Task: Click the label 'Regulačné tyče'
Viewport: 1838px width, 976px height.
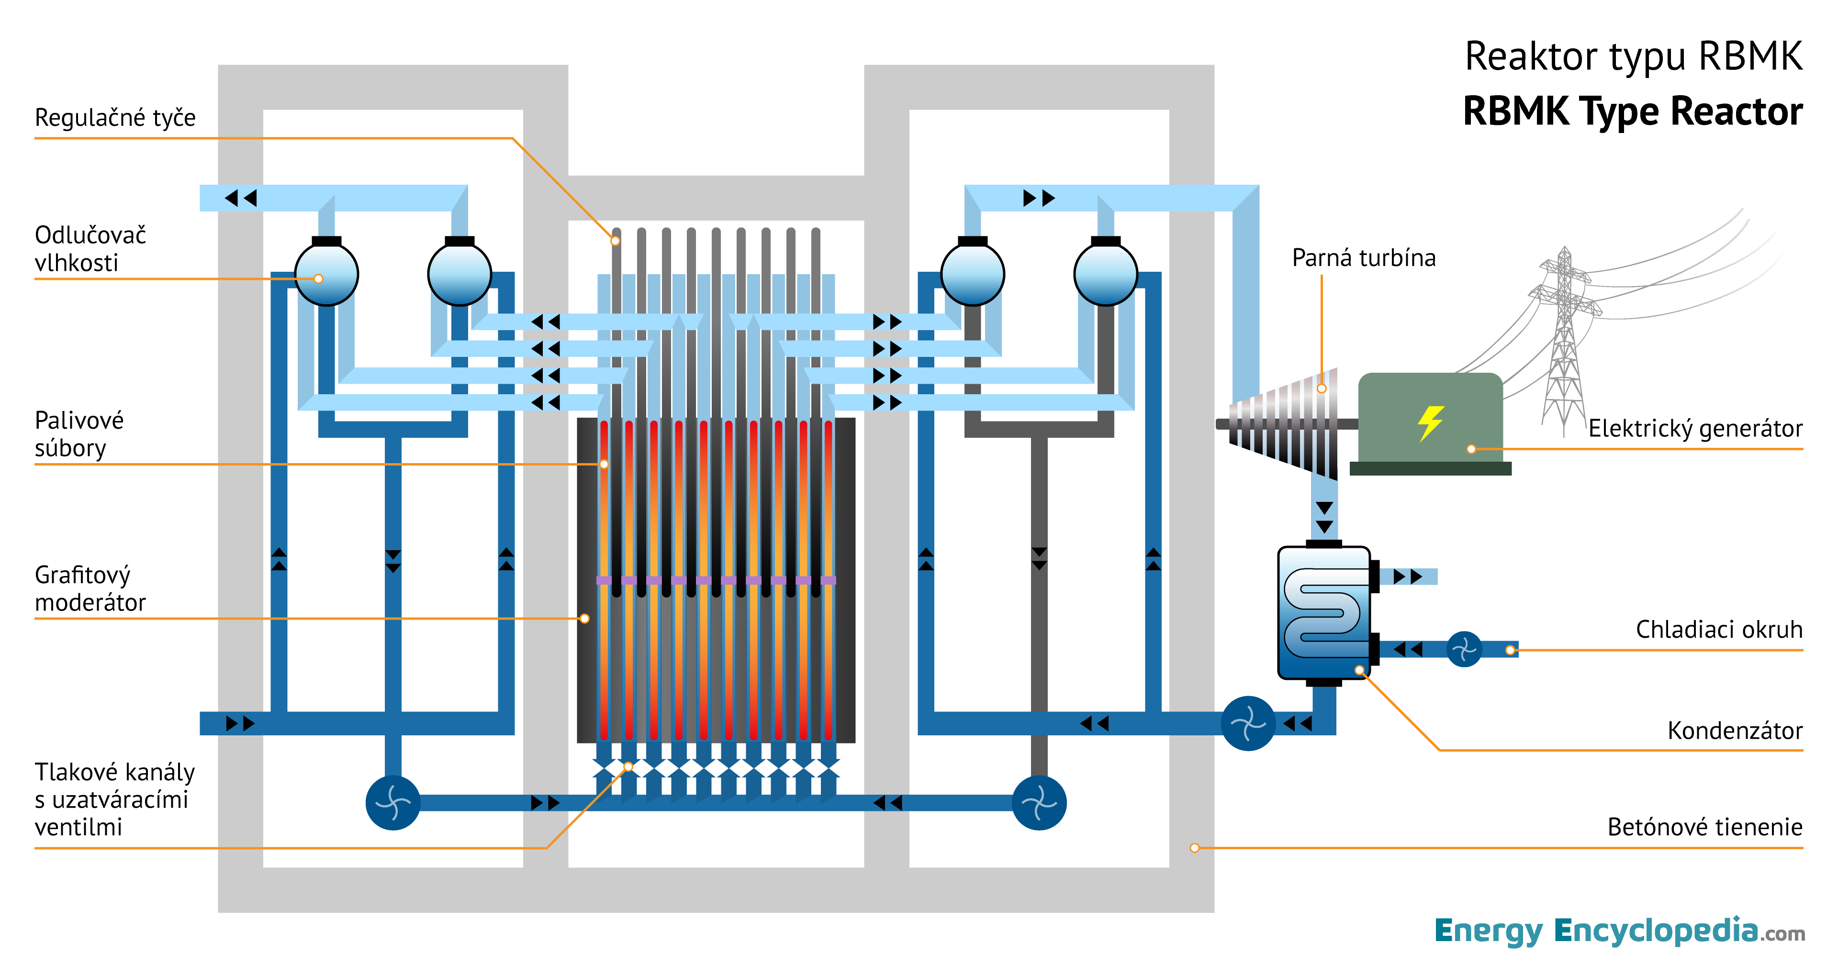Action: [115, 118]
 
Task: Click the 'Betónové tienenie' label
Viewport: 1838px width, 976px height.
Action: [1704, 827]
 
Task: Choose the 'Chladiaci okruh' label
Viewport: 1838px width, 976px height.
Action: [1718, 629]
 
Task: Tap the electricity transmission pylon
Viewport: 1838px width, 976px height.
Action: [1564, 343]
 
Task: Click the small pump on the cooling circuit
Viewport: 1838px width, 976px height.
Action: [1463, 649]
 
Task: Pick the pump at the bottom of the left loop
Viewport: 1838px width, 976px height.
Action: [392, 803]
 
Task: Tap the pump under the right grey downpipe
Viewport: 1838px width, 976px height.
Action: [1039, 803]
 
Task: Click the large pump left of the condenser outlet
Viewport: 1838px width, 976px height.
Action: [1248, 723]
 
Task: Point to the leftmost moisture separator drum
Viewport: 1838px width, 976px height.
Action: [326, 274]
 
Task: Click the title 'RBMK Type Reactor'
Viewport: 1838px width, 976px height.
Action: [1633, 112]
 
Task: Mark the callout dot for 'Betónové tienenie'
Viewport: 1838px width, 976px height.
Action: [1194, 848]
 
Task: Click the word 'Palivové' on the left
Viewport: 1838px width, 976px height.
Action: [79, 420]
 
